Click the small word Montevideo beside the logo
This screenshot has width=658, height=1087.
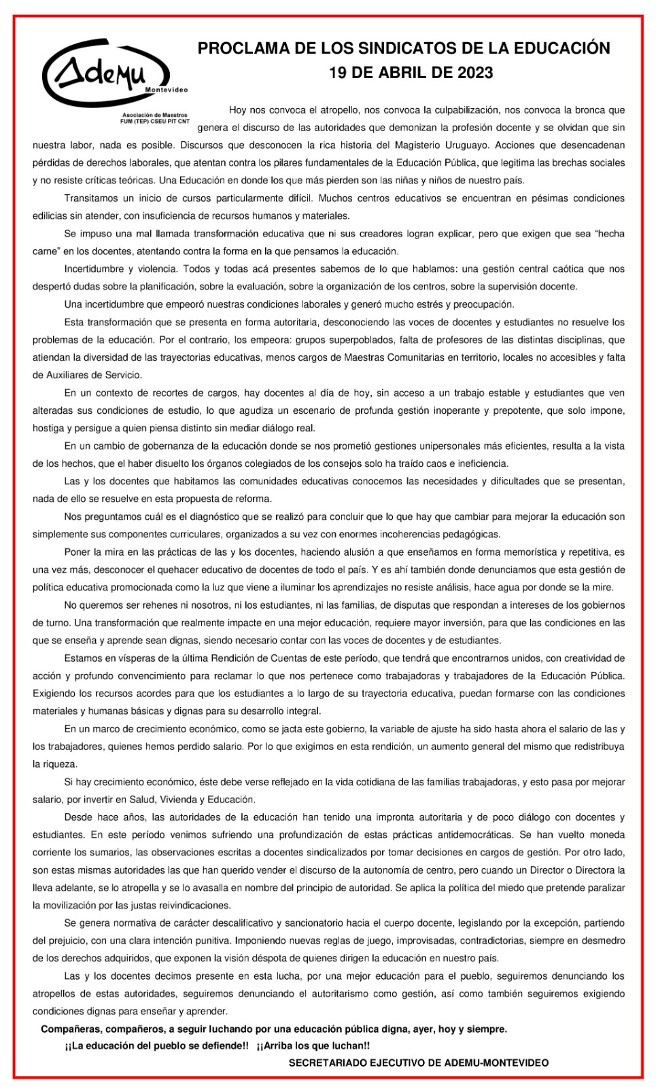(167, 90)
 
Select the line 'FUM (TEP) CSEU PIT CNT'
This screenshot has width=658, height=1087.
(154, 121)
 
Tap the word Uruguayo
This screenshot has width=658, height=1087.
(463, 145)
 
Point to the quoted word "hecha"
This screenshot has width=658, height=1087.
(609, 234)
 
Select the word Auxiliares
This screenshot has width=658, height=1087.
(68, 375)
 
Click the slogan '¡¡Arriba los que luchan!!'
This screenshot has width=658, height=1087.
(313, 1046)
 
